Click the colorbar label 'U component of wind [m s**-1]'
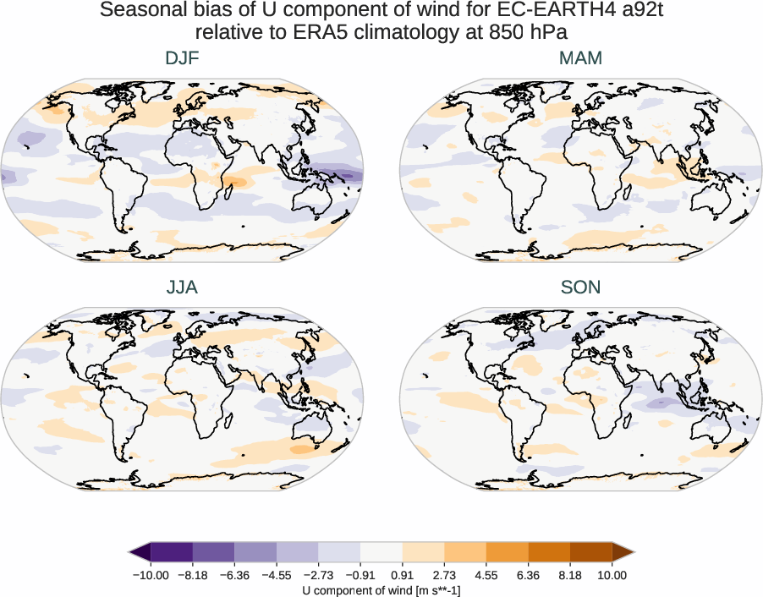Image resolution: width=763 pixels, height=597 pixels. point(381,590)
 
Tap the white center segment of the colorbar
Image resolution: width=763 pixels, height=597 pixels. point(381,552)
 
